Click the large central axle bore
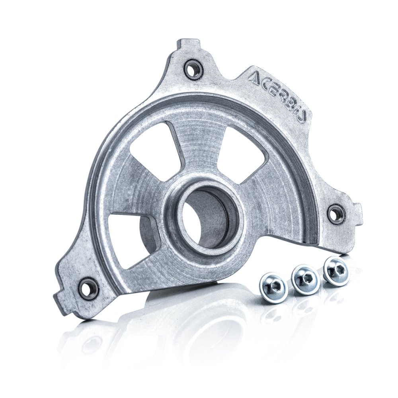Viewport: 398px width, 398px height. [207, 217]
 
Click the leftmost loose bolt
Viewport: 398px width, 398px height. [274, 287]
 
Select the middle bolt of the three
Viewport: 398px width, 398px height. [305, 279]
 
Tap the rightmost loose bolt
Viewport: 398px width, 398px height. [336, 271]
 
